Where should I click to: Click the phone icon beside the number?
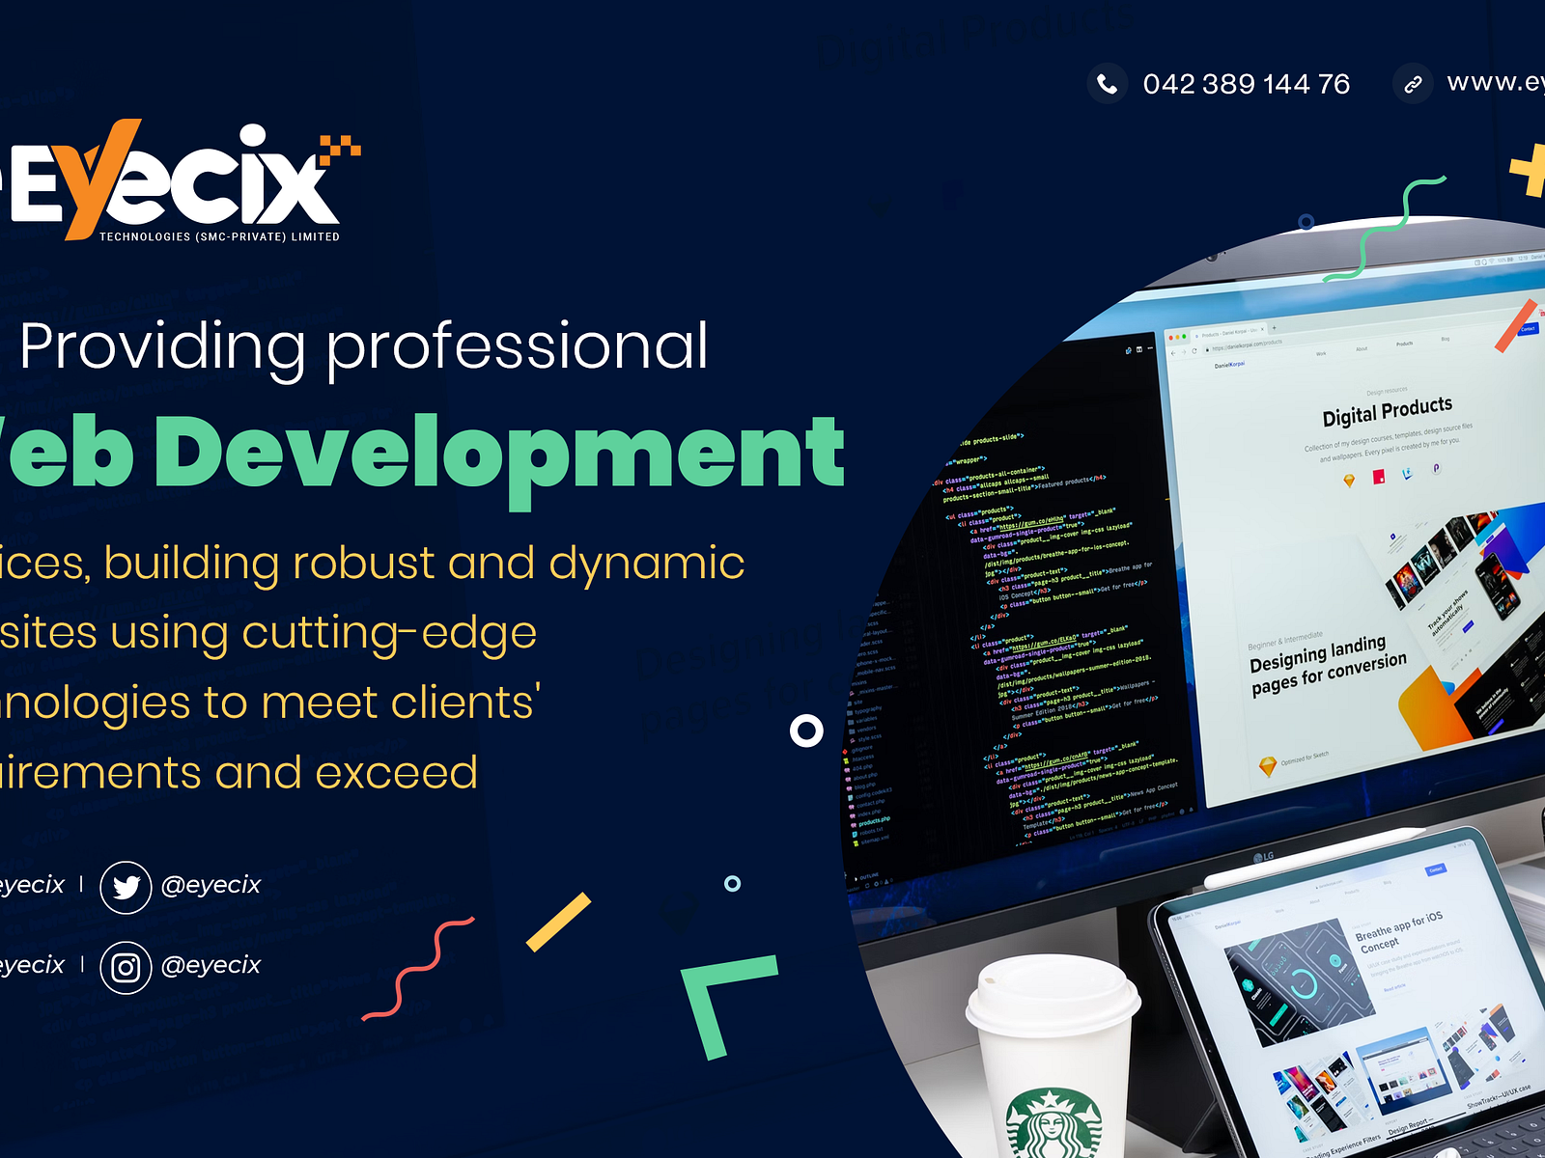click(1108, 84)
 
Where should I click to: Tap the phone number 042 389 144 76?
click(1246, 85)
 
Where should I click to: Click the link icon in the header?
click(1413, 84)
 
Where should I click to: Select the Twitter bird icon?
click(126, 887)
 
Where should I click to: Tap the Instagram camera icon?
click(126, 967)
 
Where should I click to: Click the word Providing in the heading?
click(163, 346)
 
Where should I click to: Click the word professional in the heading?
click(517, 346)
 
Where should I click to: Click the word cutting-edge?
click(388, 633)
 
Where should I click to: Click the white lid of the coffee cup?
click(1053, 994)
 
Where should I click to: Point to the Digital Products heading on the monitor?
click(1387, 411)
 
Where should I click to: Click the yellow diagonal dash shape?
click(558, 922)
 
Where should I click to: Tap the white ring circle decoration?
click(806, 731)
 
